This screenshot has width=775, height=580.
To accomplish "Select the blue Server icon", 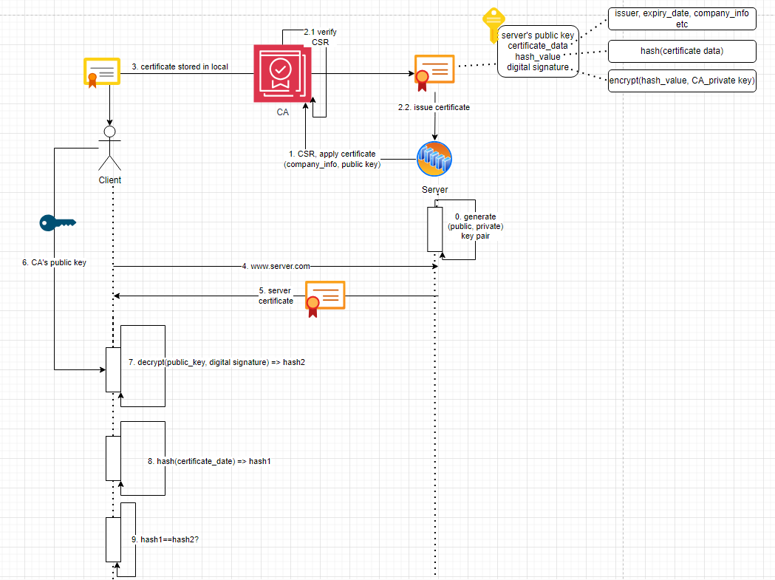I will pos(434,159).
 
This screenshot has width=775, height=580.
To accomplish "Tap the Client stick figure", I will pos(109,148).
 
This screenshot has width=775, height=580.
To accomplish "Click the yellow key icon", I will pos(492,25).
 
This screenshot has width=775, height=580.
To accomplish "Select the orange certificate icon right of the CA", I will pos(434,72).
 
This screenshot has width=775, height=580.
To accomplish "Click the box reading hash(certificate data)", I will pos(681,51).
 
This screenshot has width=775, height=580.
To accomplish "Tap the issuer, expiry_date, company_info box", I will pos(681,18).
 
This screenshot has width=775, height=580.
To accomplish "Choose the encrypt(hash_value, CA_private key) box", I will pos(681,81).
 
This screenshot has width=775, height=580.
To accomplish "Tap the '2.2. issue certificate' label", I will pos(434,107).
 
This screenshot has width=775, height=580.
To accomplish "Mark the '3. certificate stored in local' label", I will pos(180,66).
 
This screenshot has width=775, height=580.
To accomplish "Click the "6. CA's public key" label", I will pos(54,262).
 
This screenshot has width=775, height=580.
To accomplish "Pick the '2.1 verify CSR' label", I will pos(320,37).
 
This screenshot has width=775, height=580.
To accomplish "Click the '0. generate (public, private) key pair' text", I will pos(475,226).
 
